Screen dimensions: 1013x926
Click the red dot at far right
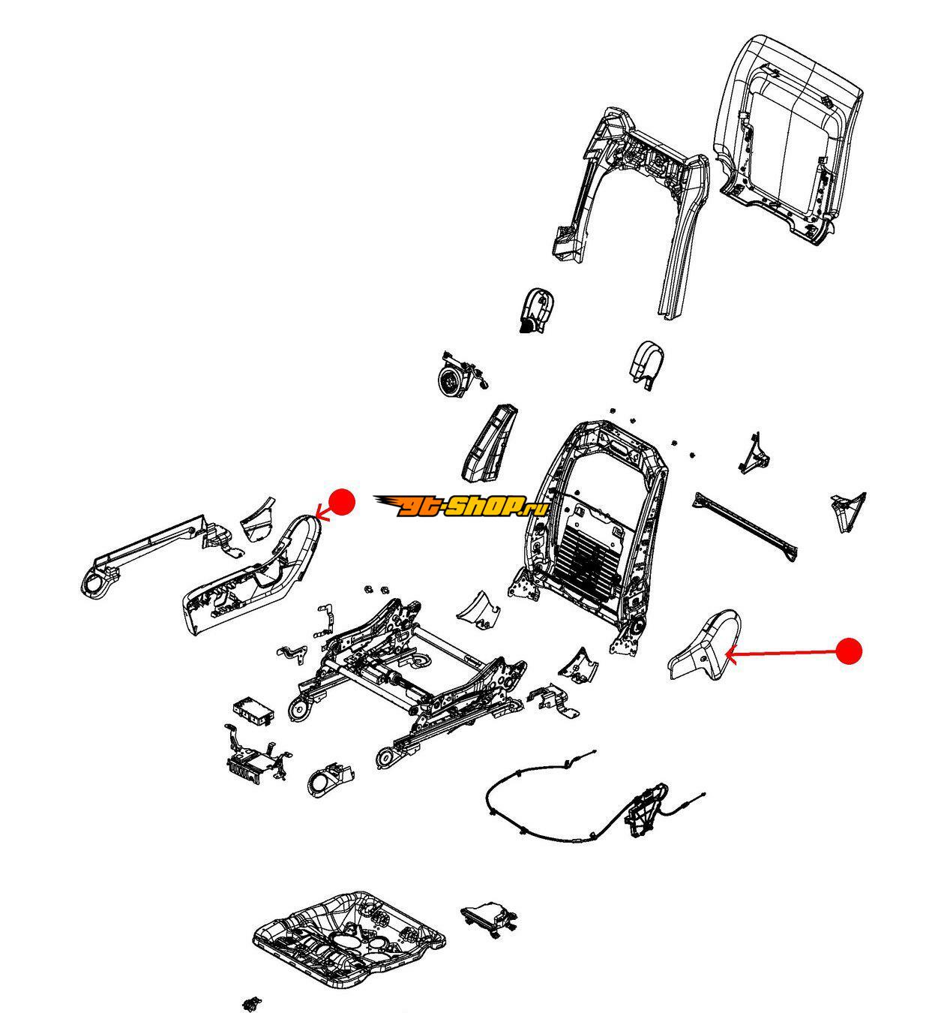[x=849, y=651]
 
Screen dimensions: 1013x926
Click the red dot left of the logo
[x=342, y=502]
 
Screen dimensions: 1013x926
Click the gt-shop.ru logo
[x=461, y=506]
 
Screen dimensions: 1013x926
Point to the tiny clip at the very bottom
[x=251, y=1004]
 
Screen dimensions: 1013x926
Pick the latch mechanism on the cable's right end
[x=647, y=812]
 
